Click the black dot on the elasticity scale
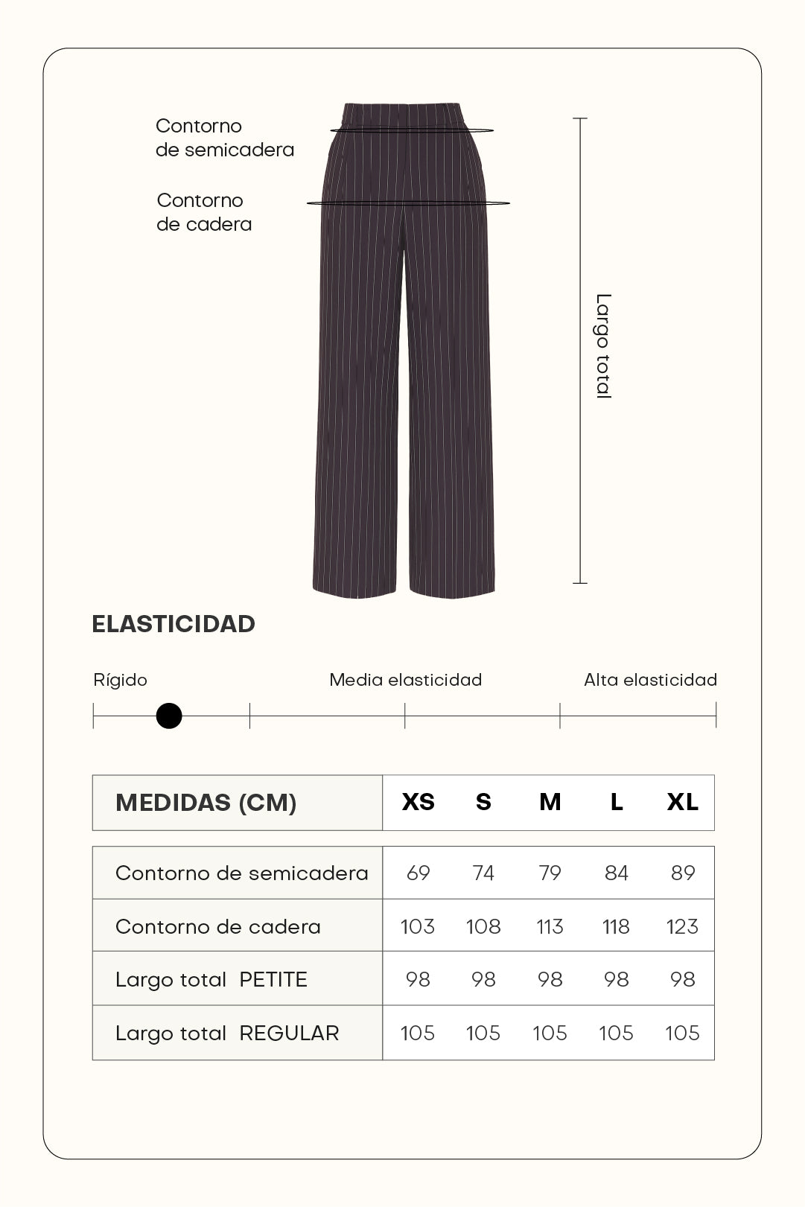tap(169, 716)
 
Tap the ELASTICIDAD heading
tap(174, 624)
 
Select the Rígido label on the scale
tap(120, 680)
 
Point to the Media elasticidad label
tap(405, 680)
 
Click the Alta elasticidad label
tap(650, 680)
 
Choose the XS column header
tap(418, 802)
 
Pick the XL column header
tap(682, 802)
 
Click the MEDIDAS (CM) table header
tap(206, 803)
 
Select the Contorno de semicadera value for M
tap(550, 873)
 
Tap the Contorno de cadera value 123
tap(682, 926)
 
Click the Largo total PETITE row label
tap(211, 979)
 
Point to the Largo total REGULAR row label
tap(227, 1033)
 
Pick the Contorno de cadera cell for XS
tap(417, 926)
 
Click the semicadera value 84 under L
tap(616, 873)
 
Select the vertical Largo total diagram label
tap(603, 346)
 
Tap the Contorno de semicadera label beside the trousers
tap(224, 138)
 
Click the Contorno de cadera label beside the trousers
tap(204, 212)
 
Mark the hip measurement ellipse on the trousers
tap(408, 203)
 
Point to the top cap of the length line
tap(580, 118)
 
